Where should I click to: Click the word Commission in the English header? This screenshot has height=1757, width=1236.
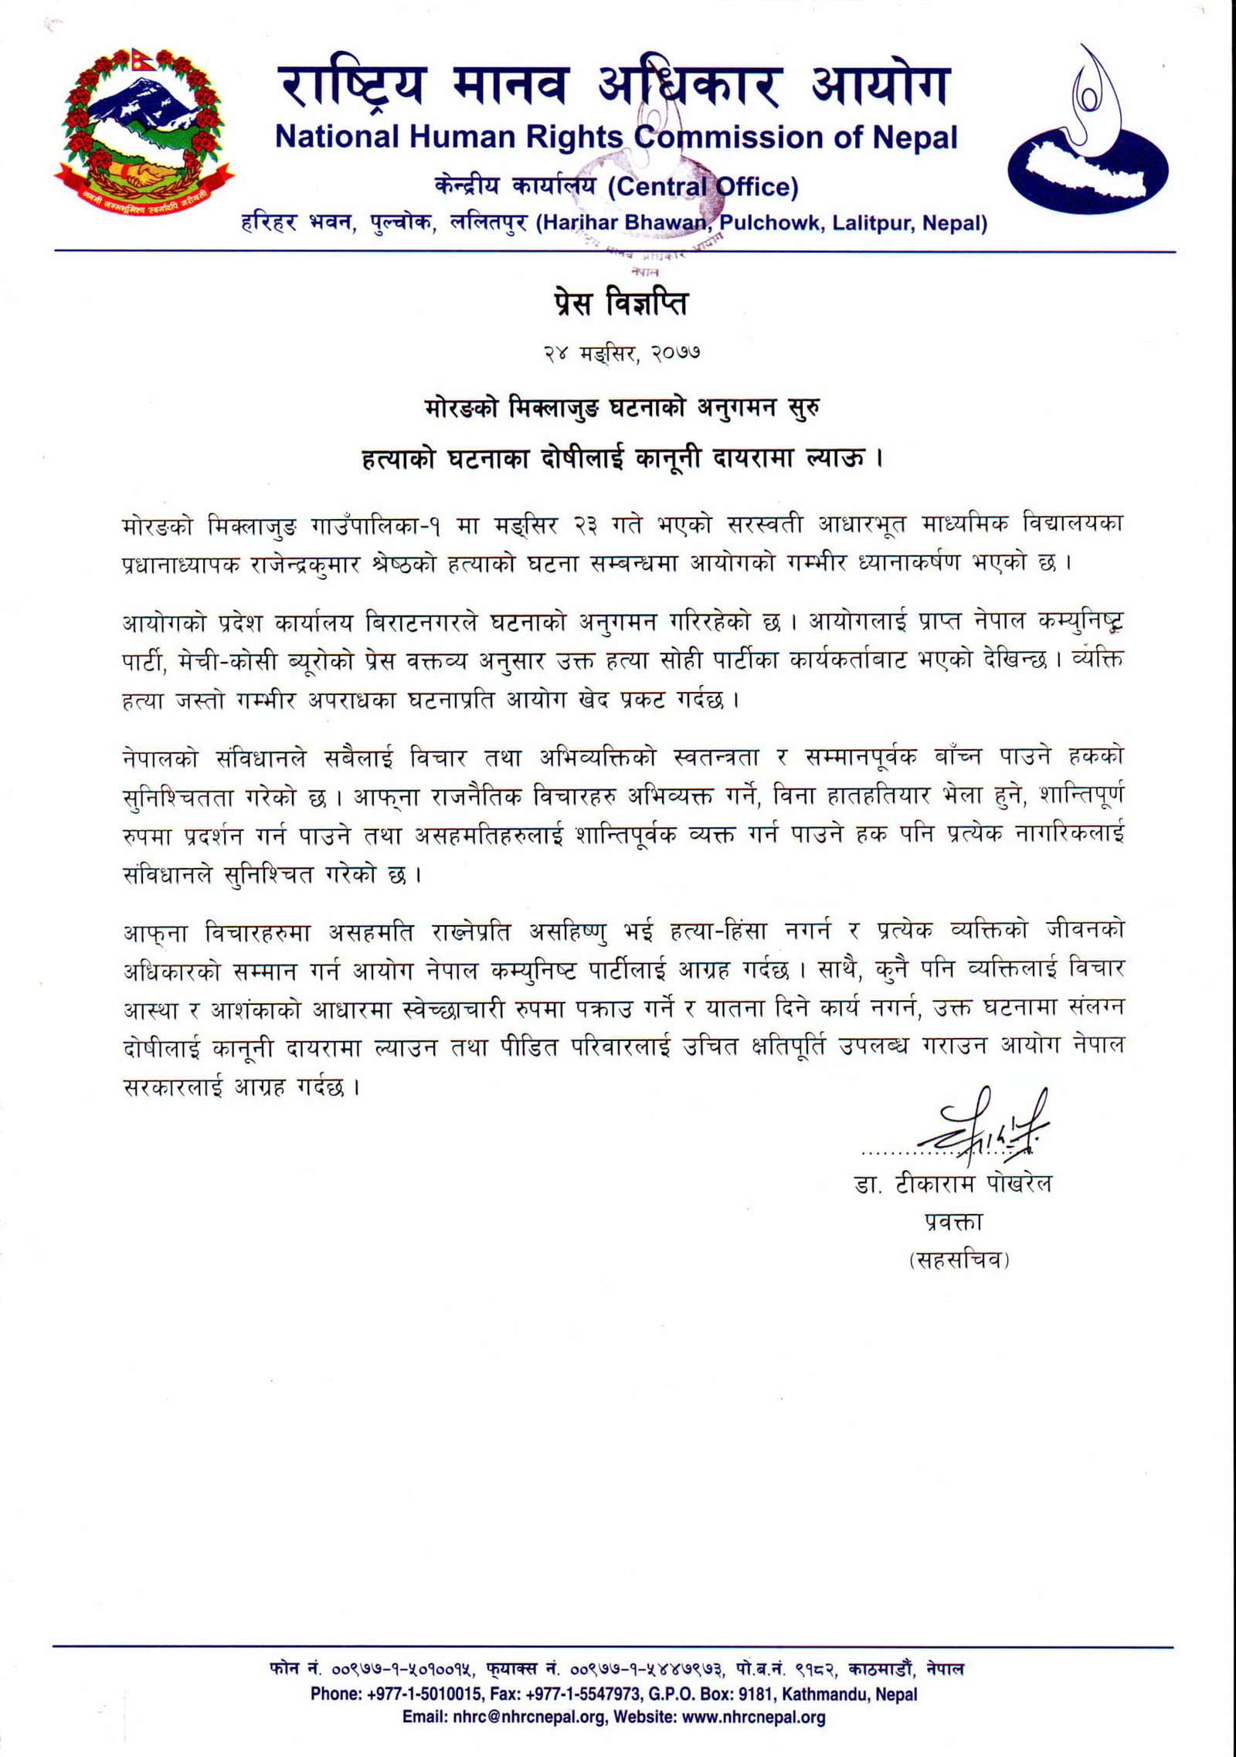click(708, 137)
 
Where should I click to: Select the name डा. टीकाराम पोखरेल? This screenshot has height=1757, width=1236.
click(952, 1184)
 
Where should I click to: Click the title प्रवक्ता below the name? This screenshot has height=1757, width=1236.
click(952, 1221)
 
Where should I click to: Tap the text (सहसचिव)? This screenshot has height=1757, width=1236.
click(959, 1260)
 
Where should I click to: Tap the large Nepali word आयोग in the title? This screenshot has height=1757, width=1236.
click(878, 86)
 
